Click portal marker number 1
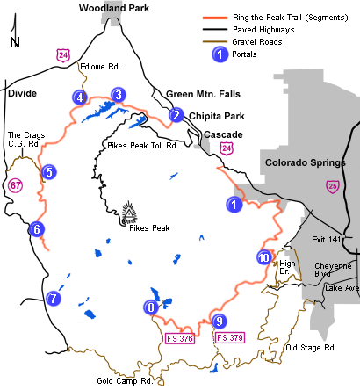point(234,205)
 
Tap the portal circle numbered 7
point(54,299)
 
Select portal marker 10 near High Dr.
point(264,257)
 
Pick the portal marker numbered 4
point(80,97)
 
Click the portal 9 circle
point(219,321)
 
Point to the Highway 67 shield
point(16,185)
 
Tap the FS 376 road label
point(179,337)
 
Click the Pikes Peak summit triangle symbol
point(130,213)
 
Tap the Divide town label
point(21,91)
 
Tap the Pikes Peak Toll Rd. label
point(140,145)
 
